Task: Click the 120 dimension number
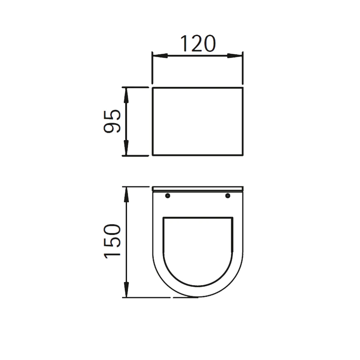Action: pos(198,44)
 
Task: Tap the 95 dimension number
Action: pos(112,121)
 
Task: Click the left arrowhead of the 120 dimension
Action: pos(160,56)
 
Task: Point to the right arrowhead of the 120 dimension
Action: pos(235,56)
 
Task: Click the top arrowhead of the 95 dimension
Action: pos(126,95)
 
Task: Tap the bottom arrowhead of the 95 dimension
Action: pos(126,148)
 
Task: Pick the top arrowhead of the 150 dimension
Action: pos(126,195)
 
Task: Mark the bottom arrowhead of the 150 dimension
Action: pos(126,290)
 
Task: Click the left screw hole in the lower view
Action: pos(168,196)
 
